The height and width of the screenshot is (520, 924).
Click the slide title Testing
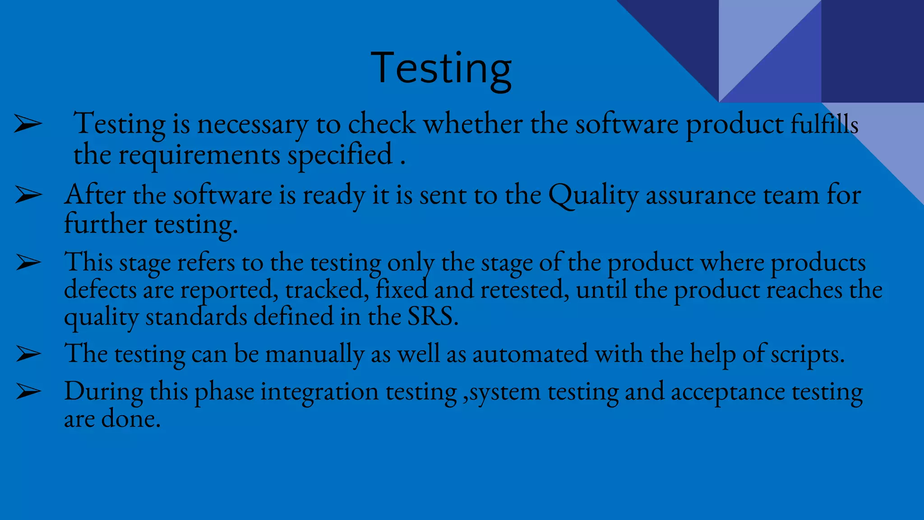(x=441, y=69)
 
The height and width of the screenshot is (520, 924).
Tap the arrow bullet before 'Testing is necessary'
(x=28, y=124)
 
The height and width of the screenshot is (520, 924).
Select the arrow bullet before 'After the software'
(x=28, y=195)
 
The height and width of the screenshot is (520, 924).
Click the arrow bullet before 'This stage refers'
(x=28, y=262)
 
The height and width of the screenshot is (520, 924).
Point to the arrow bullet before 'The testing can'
(x=28, y=354)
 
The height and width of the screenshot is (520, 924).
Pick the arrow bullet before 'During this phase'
(x=28, y=391)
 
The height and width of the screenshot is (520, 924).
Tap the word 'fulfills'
(x=824, y=124)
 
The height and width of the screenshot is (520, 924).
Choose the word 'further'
(x=105, y=224)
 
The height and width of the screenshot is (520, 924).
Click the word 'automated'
(x=530, y=353)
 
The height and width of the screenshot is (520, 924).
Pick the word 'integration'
(x=319, y=391)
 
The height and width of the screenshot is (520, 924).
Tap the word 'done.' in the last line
(x=131, y=419)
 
